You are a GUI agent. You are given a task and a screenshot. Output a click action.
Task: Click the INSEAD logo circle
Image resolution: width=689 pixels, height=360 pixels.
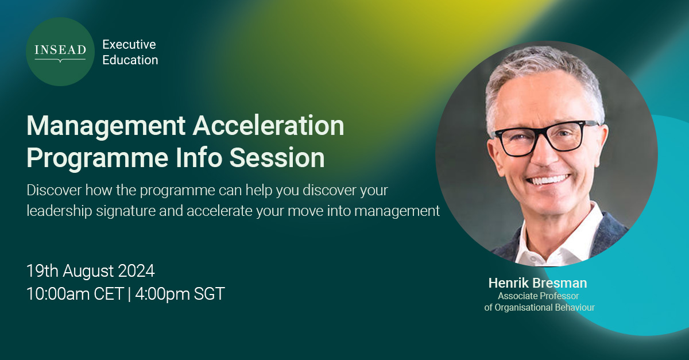60,52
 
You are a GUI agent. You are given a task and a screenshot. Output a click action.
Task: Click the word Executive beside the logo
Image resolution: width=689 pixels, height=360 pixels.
129,44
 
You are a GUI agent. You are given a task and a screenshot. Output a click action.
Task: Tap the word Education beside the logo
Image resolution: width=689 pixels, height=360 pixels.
130,60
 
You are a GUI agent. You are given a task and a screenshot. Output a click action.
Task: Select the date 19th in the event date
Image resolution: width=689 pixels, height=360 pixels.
42,270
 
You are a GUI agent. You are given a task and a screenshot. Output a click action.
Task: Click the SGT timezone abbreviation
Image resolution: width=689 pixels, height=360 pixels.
210,294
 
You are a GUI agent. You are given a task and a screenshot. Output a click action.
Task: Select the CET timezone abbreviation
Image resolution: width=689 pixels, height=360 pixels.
109,294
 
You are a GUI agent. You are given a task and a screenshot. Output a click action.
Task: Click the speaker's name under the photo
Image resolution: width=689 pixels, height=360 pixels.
537,283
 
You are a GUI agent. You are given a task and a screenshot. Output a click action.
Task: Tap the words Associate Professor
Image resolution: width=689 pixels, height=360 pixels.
538,296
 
